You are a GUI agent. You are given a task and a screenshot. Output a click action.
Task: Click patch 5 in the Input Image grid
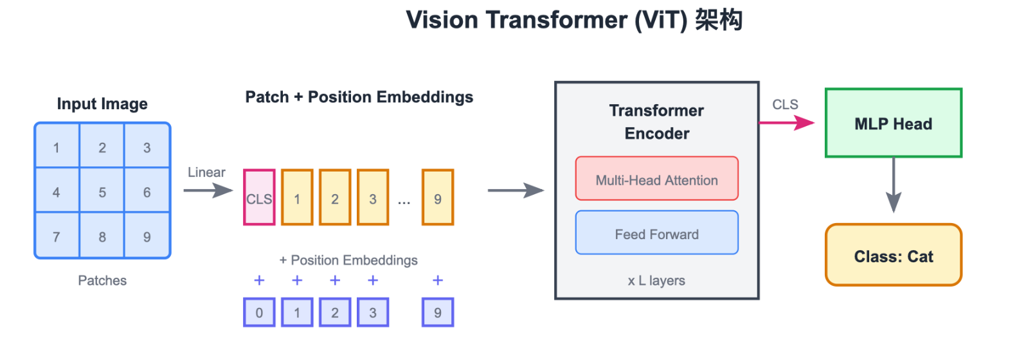102,192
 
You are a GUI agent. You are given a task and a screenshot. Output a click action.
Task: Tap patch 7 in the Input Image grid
57,237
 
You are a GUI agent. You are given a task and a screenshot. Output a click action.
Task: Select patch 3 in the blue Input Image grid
147,148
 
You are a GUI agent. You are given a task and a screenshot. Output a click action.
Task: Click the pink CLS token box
259,197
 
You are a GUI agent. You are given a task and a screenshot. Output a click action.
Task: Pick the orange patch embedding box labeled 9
438,197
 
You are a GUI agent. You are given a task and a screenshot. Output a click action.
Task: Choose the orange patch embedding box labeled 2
335,197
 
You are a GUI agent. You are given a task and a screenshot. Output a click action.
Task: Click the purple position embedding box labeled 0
259,312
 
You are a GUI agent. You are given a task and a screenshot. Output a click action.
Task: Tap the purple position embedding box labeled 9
438,312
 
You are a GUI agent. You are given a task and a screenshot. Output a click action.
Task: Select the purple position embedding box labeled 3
373,312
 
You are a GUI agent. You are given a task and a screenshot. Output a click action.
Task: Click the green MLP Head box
893,123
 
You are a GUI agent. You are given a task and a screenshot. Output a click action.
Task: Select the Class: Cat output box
893,255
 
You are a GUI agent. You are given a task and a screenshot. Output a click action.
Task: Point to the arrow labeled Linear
208,190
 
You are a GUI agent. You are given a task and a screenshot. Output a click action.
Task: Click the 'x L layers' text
656,281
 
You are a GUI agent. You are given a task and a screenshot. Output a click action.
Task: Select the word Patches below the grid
102,281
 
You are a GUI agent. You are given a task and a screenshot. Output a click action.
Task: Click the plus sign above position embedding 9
438,280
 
